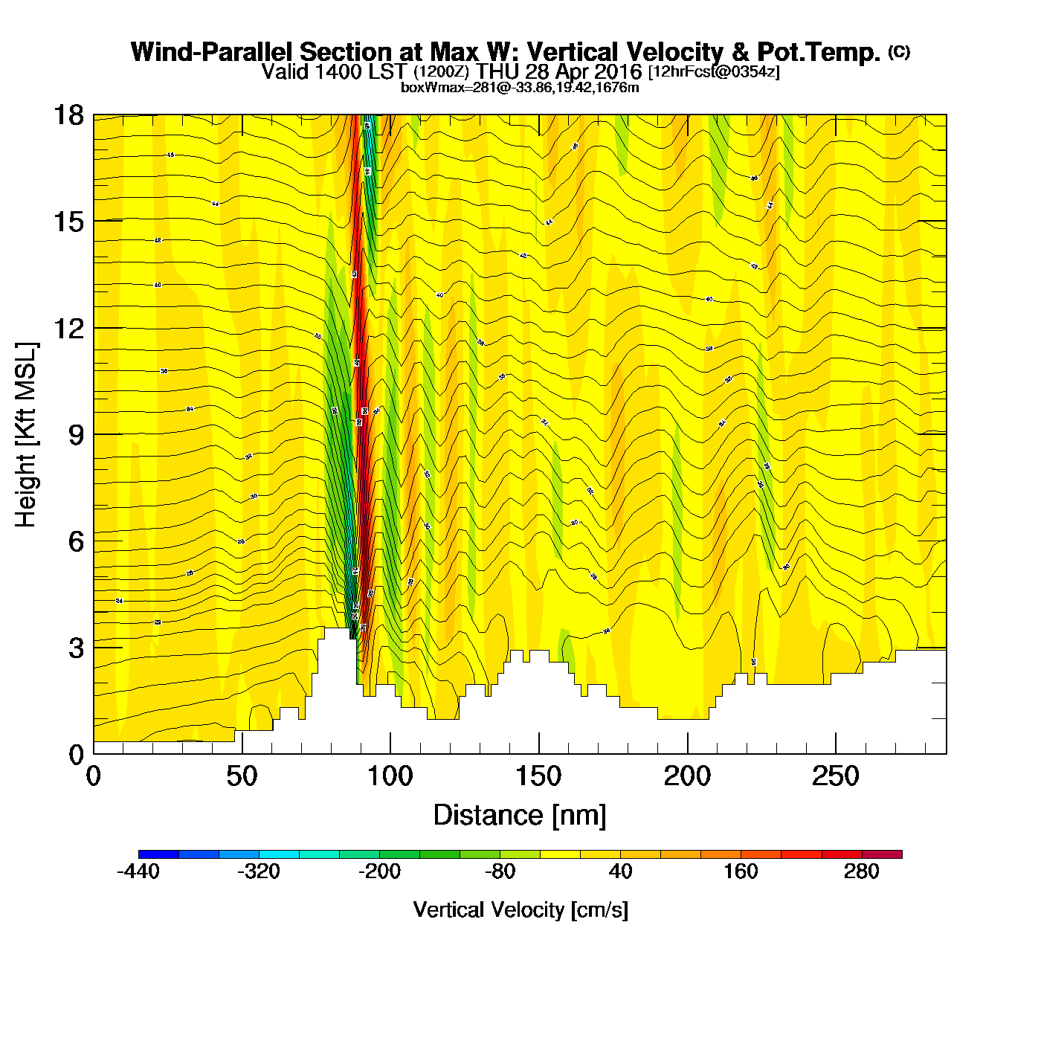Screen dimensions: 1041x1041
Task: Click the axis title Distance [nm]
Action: tap(520, 815)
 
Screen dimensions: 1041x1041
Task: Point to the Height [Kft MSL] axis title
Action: tap(26, 435)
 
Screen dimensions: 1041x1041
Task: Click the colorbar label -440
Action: tap(138, 871)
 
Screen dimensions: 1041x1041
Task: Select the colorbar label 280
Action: tap(861, 871)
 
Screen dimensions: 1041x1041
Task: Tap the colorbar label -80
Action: tap(500, 871)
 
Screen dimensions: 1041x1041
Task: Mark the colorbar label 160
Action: tap(741, 871)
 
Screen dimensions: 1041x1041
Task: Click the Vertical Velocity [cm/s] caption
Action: tap(520, 909)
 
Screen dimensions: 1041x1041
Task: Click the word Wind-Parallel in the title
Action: tap(213, 52)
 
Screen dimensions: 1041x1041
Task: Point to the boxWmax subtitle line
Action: tap(520, 87)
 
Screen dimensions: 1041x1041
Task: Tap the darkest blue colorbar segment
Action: tap(158, 854)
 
